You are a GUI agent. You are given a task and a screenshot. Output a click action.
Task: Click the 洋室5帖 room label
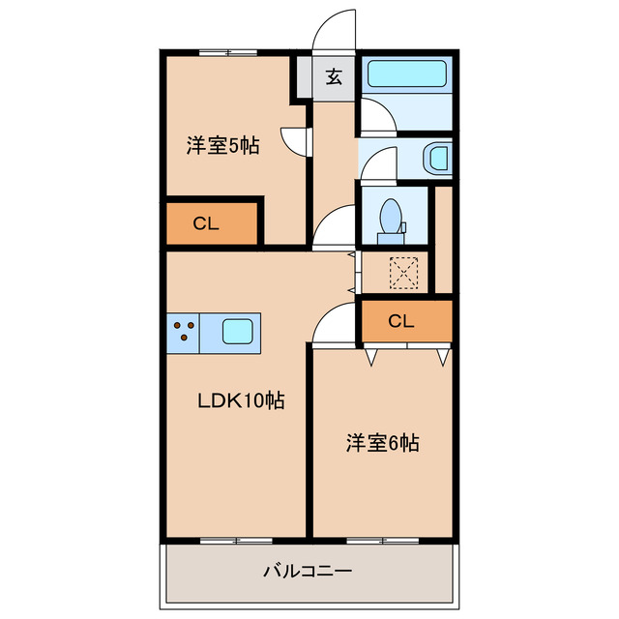[x=222, y=149]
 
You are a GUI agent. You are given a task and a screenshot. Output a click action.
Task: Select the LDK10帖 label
[x=240, y=400]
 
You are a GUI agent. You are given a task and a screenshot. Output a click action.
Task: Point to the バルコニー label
[x=308, y=571]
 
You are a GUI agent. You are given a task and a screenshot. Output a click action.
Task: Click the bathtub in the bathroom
[x=406, y=74]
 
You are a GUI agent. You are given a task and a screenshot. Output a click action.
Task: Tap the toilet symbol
[x=393, y=218]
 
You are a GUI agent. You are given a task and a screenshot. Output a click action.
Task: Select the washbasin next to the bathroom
[x=438, y=157]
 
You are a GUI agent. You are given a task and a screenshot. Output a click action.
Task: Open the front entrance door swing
[x=334, y=29]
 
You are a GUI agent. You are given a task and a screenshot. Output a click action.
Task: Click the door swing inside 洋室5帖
[x=295, y=142]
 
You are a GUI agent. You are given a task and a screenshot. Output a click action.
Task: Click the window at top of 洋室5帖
[x=228, y=52]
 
